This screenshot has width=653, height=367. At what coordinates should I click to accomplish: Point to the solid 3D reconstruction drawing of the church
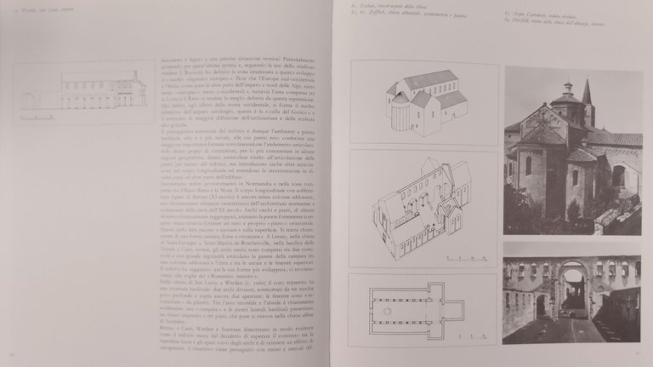[425, 100]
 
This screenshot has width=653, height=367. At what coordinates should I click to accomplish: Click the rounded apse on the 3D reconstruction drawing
[399, 112]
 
